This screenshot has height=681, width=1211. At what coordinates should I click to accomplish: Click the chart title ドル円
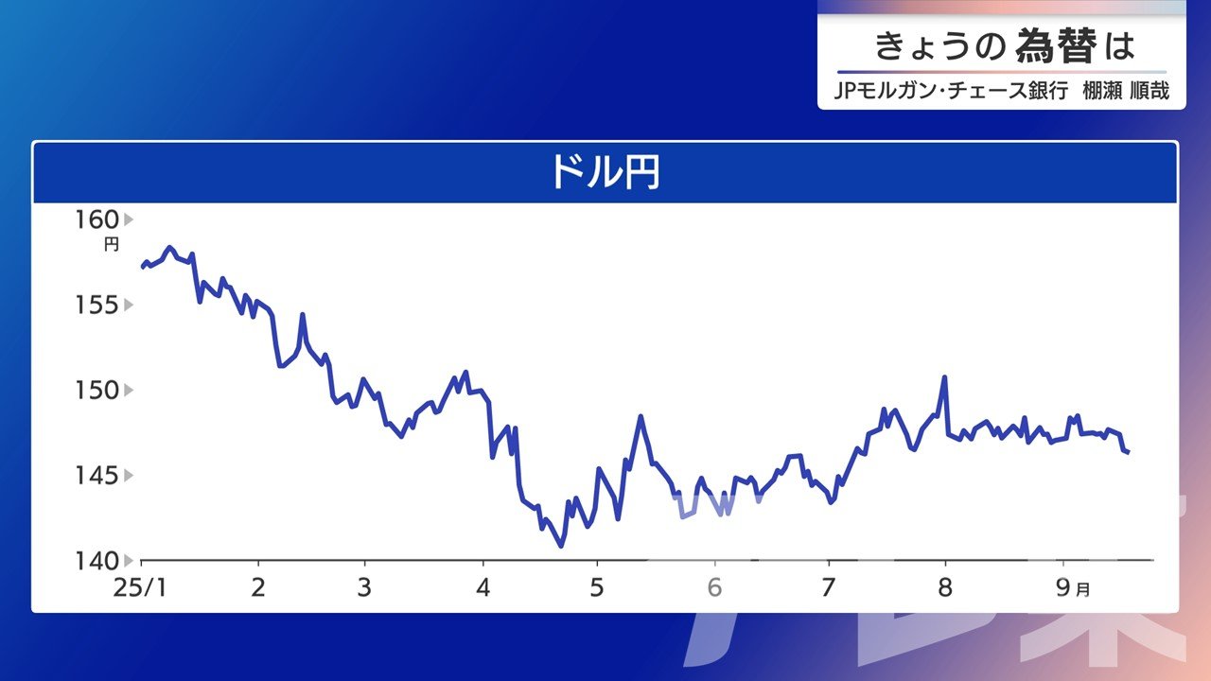click(x=605, y=172)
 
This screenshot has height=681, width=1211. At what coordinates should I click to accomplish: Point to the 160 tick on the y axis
click(x=97, y=220)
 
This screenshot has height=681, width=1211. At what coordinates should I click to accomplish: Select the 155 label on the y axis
click(x=97, y=306)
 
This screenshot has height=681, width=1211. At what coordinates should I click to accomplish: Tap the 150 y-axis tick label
click(x=97, y=391)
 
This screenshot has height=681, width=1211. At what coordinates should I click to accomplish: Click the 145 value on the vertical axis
click(x=97, y=476)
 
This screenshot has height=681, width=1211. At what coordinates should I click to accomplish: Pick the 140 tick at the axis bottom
click(x=97, y=561)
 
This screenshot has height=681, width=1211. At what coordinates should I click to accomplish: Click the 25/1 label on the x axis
click(x=140, y=587)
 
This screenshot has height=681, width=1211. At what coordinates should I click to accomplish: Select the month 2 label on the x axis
click(x=258, y=587)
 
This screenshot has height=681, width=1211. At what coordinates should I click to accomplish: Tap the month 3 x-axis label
click(x=365, y=587)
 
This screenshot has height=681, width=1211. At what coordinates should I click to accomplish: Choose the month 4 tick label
click(x=483, y=587)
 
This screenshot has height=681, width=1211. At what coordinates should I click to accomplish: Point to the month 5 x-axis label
click(x=597, y=587)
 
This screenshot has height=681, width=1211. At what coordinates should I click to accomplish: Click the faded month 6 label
click(x=714, y=587)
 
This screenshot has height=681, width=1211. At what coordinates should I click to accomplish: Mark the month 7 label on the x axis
click(x=828, y=587)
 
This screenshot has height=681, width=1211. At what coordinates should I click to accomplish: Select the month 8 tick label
click(x=945, y=587)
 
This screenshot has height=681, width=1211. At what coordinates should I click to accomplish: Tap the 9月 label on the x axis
click(x=1073, y=587)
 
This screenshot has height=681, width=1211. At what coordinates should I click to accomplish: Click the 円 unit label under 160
click(x=112, y=245)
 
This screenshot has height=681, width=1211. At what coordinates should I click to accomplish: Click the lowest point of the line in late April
click(x=561, y=547)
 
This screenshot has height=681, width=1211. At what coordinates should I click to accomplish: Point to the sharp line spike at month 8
click(x=944, y=376)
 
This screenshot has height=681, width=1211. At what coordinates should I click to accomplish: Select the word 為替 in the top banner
click(x=1057, y=46)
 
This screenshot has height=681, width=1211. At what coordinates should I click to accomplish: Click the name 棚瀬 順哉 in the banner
click(x=1126, y=90)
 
